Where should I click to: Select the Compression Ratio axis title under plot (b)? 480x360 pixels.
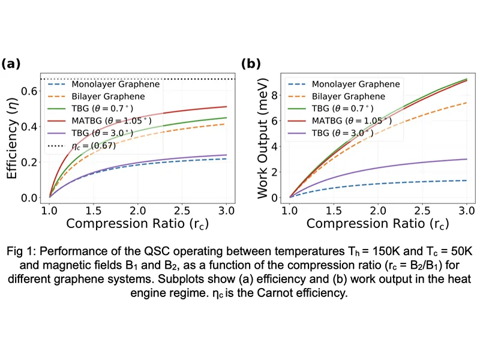[x=378, y=224]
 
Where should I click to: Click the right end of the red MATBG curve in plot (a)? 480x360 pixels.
[x=226, y=107]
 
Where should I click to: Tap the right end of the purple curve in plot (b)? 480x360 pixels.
[x=466, y=159]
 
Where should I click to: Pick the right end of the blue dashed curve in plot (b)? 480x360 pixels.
[x=466, y=181]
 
